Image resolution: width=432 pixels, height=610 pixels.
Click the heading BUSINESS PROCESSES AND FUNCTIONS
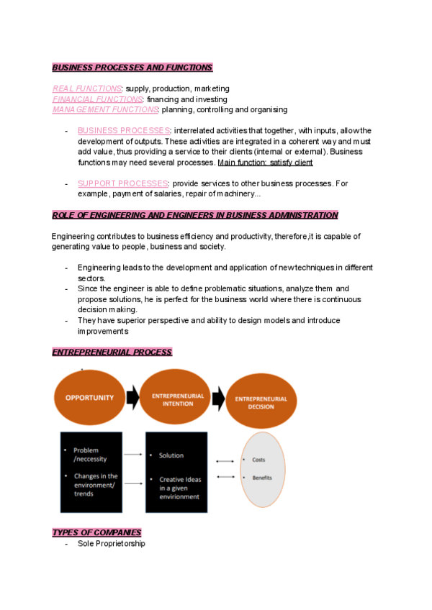click(132, 68)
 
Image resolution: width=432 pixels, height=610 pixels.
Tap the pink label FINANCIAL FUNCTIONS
click(98, 99)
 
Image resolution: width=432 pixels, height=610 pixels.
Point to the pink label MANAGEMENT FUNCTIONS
click(105, 110)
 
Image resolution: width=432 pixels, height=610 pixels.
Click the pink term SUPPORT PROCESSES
click(123, 183)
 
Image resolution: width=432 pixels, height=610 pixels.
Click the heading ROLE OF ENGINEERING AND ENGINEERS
click(194, 215)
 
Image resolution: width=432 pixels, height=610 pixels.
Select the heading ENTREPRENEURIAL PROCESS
click(112, 352)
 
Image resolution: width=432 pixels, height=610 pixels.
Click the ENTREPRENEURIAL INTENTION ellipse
click(177, 400)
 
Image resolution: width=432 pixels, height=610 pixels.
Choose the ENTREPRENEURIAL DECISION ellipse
click(261, 402)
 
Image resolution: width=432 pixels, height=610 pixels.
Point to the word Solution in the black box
click(171, 455)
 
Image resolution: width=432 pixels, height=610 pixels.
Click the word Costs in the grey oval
click(258, 460)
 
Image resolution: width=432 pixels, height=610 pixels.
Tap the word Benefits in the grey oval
click(262, 478)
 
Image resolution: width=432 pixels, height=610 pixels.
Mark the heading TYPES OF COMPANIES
click(96, 532)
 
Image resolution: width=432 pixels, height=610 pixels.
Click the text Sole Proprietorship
click(111, 544)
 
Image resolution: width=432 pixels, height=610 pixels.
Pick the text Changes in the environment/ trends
click(96, 485)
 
